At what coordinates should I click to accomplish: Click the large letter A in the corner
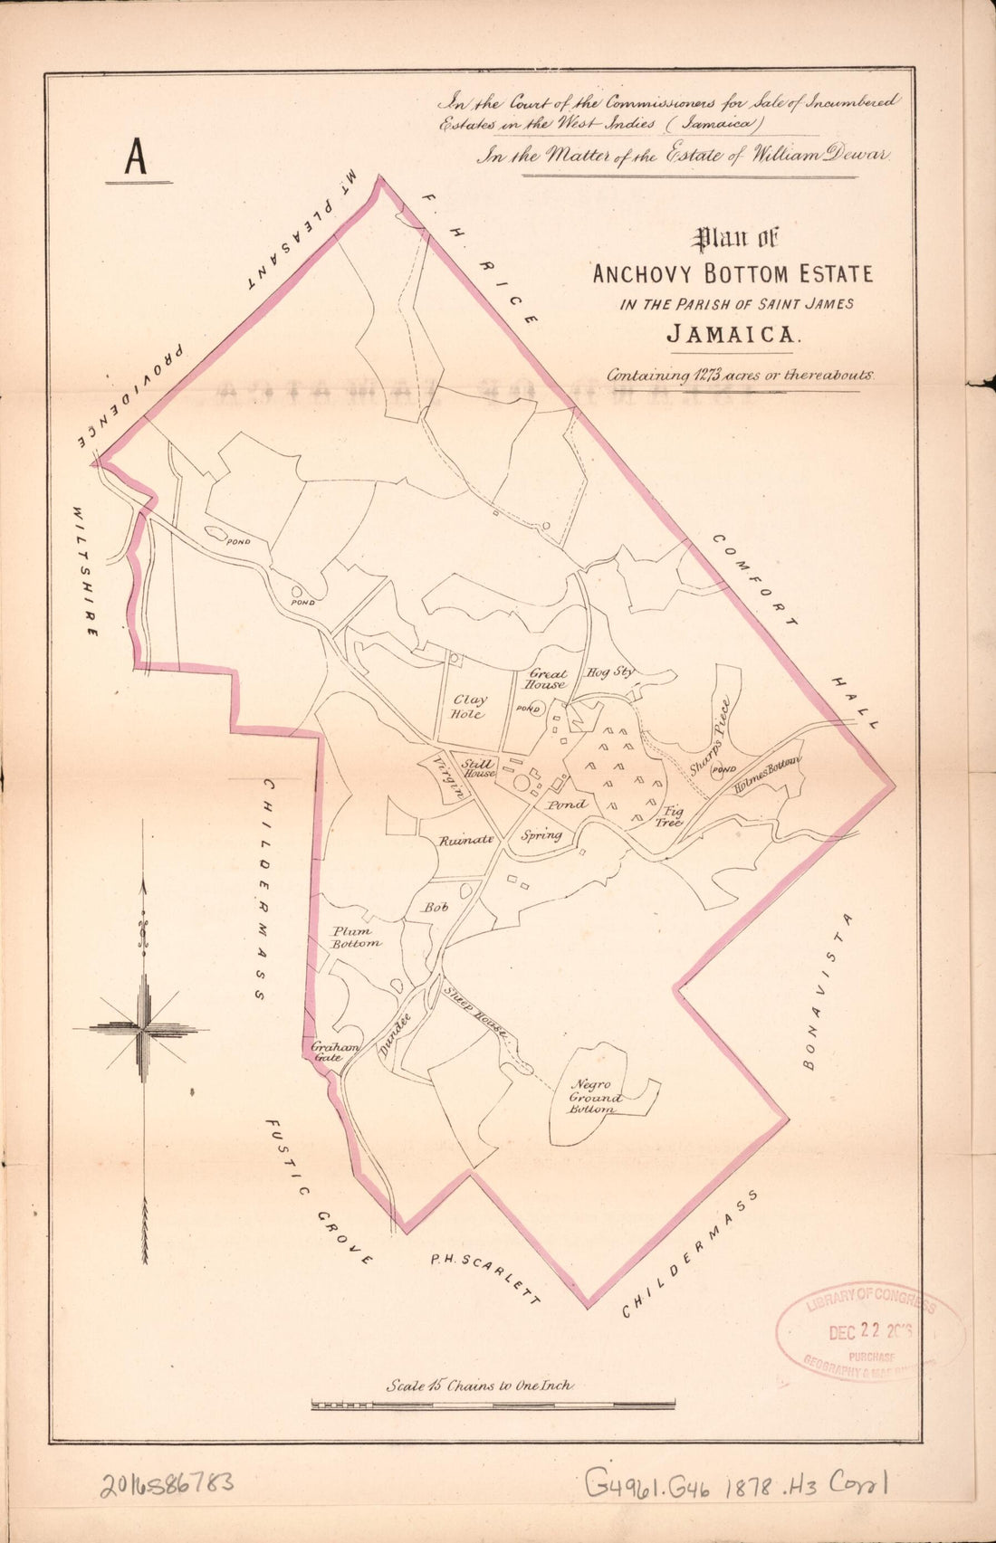136,157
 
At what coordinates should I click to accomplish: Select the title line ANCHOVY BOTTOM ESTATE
733,273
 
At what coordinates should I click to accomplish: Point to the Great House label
547,680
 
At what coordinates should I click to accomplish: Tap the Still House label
478,769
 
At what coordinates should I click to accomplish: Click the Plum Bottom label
355,937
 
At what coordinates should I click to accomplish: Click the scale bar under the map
493,1405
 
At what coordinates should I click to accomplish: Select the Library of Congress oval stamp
870,1331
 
